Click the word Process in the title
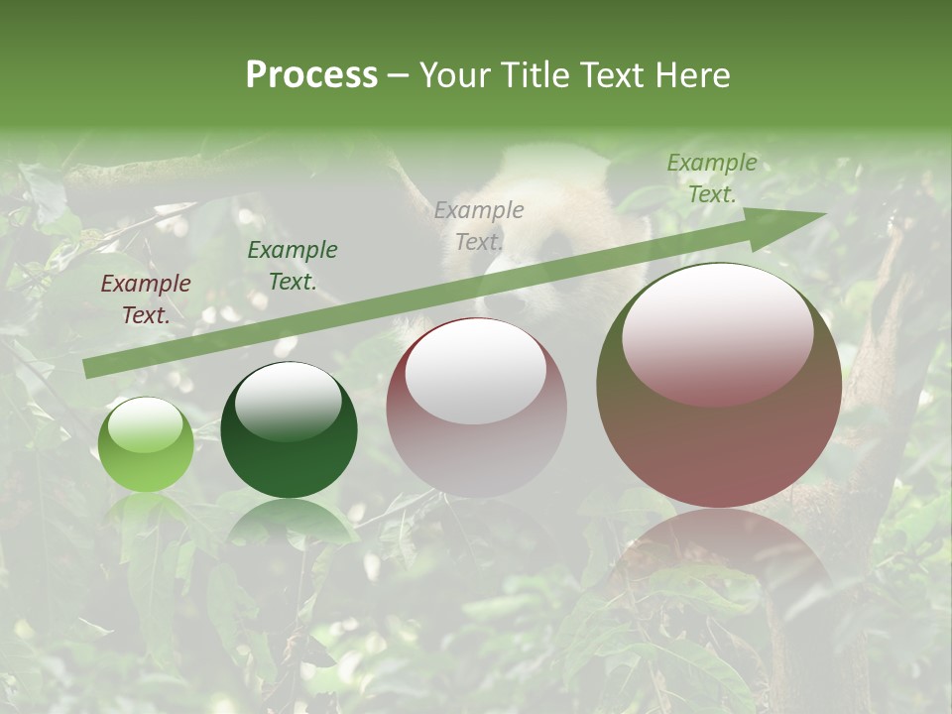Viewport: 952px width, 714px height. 311,75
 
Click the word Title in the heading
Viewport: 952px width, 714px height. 531,75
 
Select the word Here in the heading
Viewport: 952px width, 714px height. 693,75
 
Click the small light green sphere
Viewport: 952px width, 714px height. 146,444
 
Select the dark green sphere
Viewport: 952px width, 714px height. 289,429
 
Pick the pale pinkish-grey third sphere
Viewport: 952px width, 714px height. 476,408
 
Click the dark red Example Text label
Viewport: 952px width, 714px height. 146,299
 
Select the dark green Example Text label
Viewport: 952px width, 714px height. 293,266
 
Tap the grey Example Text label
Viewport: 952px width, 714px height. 479,225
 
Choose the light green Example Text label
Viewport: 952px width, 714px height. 712,178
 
